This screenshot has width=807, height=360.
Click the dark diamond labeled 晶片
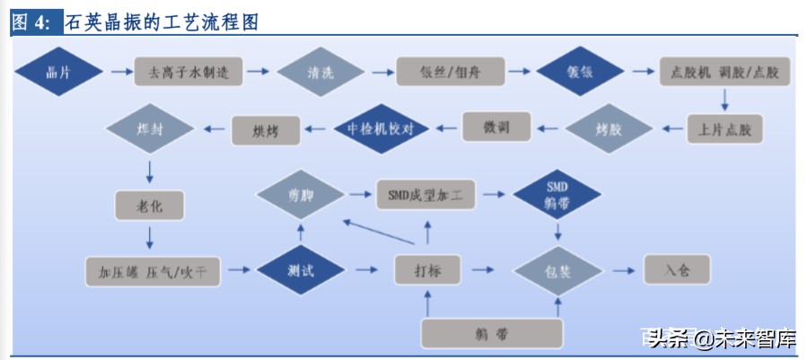[57, 72]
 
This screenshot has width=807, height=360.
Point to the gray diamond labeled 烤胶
[609, 128]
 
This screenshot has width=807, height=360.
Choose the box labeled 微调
[496, 127]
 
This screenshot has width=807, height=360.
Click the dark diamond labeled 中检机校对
[380, 128]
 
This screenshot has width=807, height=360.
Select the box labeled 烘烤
[267, 131]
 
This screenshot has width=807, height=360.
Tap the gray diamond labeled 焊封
[151, 129]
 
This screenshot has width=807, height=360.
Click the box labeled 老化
[149, 206]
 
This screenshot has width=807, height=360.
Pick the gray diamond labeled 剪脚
[301, 193]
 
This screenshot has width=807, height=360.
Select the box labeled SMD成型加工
[426, 192]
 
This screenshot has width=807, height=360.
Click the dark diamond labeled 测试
[301, 269]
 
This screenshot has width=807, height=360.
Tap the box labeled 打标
[427, 269]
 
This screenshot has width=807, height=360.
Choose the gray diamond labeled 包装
[557, 269]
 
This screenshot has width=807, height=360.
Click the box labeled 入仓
[676, 268]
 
